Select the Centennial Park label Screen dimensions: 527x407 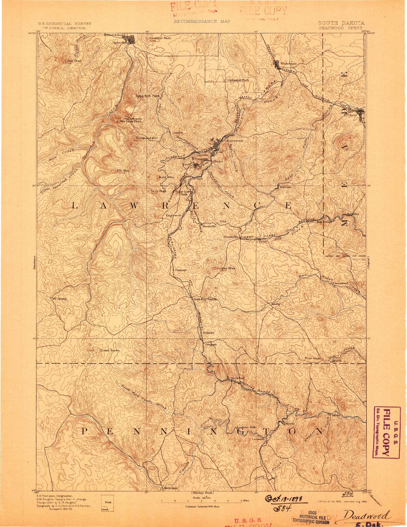pos(238,80)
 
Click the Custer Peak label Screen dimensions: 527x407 pos(226,268)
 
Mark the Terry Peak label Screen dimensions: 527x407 pos(158,191)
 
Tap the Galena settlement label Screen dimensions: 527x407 pos(285,187)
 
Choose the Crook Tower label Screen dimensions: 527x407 pos(110,350)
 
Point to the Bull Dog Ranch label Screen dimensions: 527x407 pos(205,299)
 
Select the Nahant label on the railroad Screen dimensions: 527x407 pos(208,333)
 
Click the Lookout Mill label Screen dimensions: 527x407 pos(246,427)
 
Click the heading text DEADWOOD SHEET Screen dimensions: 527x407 pos(341,28)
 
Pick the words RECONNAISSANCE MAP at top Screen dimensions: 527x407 pos(202,21)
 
